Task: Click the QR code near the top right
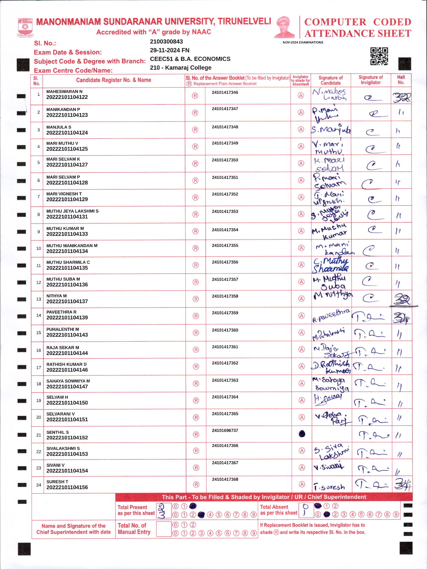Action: tap(379, 56)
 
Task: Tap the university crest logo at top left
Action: tap(25, 27)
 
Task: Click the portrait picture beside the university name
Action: tap(285, 27)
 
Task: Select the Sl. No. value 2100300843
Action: tap(166, 42)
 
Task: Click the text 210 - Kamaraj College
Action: tap(180, 68)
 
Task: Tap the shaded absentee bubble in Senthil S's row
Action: tap(302, 434)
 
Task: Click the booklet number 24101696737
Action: tap(225, 431)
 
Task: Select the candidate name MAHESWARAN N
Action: tap(64, 92)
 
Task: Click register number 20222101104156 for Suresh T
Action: tap(67, 487)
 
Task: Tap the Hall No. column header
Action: tap(401, 80)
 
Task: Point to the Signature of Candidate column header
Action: tap(331, 80)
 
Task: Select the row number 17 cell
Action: tap(39, 368)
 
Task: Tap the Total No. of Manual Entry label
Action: tap(134, 529)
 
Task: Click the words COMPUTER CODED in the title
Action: tap(358, 22)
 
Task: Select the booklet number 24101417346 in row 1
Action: tap(225, 92)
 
